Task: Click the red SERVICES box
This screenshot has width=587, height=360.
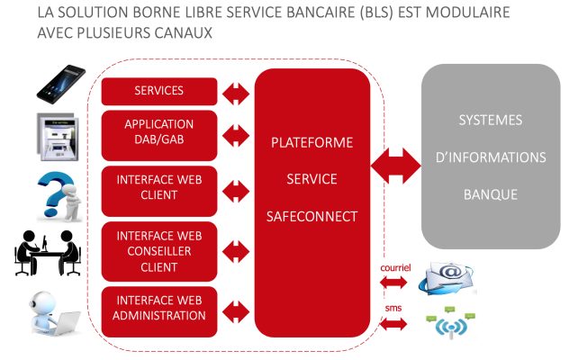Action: [158, 91]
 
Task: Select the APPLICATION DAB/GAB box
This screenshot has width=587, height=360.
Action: [158, 132]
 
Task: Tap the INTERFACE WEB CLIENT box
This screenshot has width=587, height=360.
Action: [158, 187]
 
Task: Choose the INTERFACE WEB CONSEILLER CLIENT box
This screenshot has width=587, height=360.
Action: [158, 251]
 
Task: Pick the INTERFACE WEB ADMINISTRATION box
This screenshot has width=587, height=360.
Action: [158, 308]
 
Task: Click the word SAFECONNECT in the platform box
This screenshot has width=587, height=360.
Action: [312, 217]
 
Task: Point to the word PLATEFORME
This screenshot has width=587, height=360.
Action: [312, 142]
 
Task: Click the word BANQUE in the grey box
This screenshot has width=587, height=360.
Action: [491, 194]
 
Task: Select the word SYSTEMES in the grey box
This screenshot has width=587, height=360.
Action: [491, 121]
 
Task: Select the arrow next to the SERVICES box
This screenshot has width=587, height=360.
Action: [236, 91]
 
